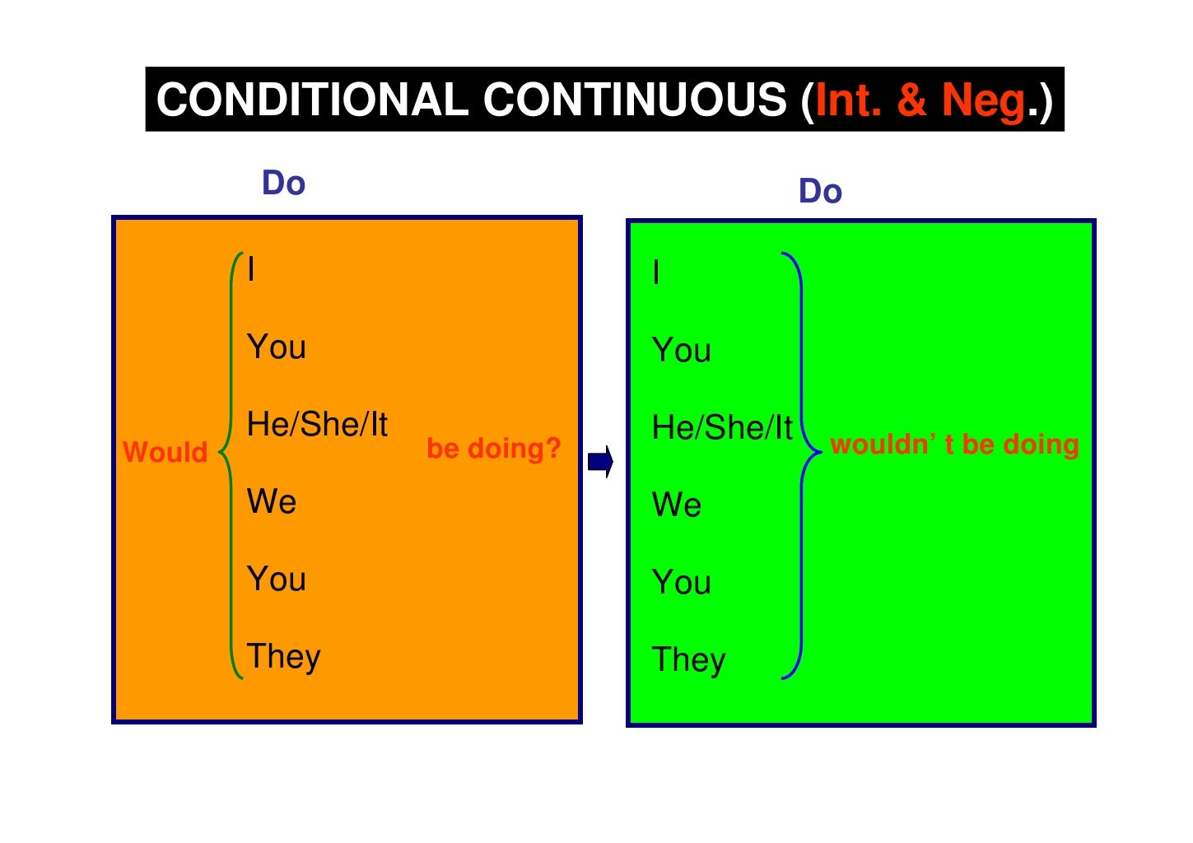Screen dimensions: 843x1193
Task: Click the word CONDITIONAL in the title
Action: [312, 100]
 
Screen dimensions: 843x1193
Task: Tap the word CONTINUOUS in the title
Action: [635, 100]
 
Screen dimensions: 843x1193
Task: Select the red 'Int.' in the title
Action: [848, 100]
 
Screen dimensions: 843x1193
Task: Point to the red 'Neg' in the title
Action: [983, 100]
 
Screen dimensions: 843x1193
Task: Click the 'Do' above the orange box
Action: [283, 183]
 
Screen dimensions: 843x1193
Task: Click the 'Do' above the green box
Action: [820, 191]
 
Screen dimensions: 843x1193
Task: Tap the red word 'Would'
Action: [165, 452]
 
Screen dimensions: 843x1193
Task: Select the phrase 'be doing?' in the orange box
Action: [493, 449]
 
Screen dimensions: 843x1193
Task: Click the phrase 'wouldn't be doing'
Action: [954, 445]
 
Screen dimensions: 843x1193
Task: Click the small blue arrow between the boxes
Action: [601, 462]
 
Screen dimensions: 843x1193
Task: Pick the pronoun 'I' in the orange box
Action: [251, 269]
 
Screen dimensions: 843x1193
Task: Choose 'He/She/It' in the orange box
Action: [317, 425]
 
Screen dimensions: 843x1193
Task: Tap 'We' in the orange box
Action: [272, 501]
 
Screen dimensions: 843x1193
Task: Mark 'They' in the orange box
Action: [284, 657]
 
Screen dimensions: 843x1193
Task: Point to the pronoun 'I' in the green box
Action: [656, 272]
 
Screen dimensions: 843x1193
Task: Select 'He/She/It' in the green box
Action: [722, 428]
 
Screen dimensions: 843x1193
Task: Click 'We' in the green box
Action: [677, 505]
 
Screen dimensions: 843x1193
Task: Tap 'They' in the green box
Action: [689, 660]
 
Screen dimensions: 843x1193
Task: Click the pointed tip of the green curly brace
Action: [221, 452]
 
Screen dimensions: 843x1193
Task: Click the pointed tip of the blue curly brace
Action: [820, 452]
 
